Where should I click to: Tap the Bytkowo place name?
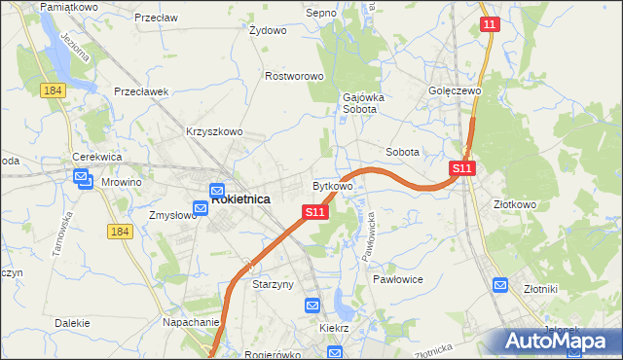click(x=332, y=185)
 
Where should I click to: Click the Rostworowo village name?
click(x=294, y=76)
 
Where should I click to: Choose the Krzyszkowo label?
click(x=213, y=131)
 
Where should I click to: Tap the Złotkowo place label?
click(x=515, y=205)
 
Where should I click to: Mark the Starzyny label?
click(x=274, y=285)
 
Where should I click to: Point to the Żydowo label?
click(x=268, y=30)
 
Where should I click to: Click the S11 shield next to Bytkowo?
click(x=313, y=211)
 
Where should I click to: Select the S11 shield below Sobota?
click(x=462, y=169)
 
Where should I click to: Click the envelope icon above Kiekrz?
click(x=312, y=306)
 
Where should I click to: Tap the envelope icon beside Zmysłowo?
click(x=200, y=208)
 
